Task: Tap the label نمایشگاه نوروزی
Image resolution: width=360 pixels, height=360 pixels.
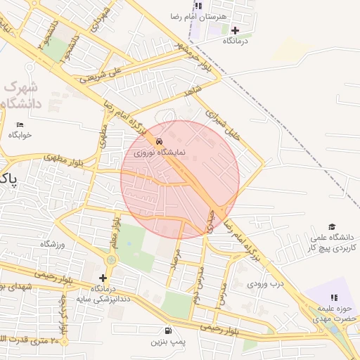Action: pyautogui.click(x=160, y=151)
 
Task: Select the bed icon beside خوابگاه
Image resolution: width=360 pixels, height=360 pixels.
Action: pyautogui.click(x=19, y=124)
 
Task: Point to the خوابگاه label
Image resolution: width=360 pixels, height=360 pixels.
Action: pyautogui.click(x=20, y=135)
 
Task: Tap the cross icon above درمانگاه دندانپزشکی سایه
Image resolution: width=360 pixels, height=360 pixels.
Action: pyautogui.click(x=103, y=278)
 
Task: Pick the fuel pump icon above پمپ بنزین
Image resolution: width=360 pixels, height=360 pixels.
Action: pyautogui.click(x=167, y=331)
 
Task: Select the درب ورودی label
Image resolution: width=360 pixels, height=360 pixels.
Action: pyautogui.click(x=264, y=284)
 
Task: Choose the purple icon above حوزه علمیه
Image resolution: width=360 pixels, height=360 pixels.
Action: pyautogui.click(x=331, y=285)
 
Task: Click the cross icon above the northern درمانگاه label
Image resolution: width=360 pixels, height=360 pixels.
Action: pyautogui.click(x=235, y=30)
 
